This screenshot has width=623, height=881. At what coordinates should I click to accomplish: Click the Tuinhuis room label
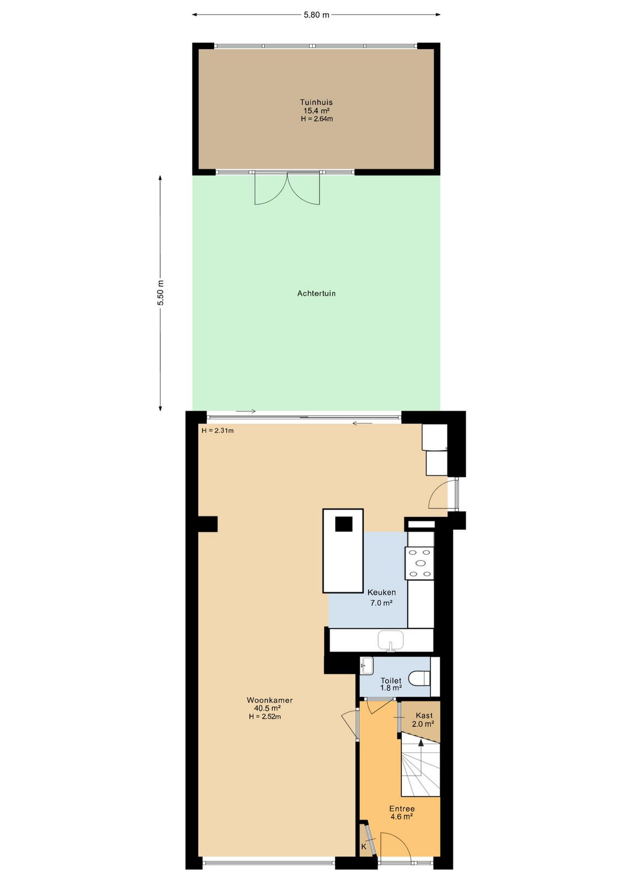(x=316, y=102)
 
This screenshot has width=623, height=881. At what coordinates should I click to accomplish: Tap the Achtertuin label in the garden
(x=316, y=293)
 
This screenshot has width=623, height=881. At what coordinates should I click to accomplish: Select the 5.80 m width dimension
(x=316, y=15)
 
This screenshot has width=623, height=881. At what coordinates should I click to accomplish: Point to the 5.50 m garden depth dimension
(x=160, y=293)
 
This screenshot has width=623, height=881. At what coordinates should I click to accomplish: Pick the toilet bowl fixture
(x=419, y=678)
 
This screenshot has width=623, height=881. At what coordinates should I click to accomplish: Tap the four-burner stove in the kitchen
(x=419, y=563)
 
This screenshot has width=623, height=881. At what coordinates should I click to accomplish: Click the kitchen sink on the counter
(x=391, y=641)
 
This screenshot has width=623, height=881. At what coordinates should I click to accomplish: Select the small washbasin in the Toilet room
(x=367, y=666)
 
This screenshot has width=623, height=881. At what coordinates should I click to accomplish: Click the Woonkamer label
(x=270, y=700)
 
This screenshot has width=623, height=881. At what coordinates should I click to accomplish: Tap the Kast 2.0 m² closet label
(x=423, y=719)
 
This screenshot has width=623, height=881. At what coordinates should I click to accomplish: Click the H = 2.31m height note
(x=217, y=431)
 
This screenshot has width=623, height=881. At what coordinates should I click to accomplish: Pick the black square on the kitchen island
(x=343, y=524)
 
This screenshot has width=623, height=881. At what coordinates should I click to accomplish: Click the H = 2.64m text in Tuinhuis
(x=317, y=119)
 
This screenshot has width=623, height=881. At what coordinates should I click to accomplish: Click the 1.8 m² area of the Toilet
(x=391, y=688)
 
